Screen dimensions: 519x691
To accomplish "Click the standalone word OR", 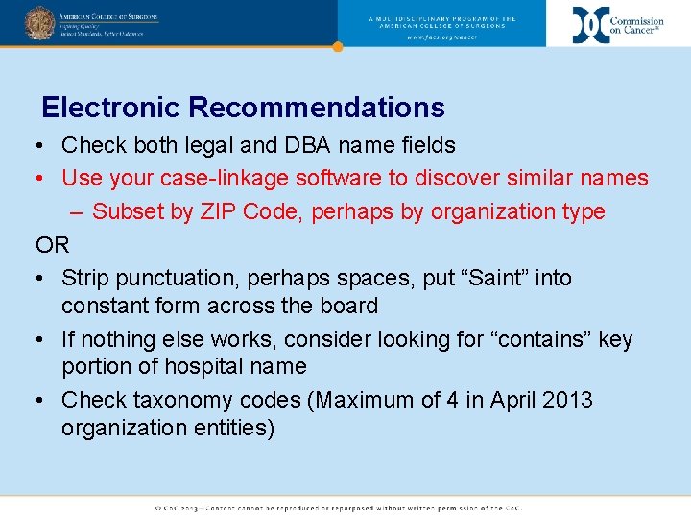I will [x=53, y=245].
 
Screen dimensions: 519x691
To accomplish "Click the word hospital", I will [x=190, y=367].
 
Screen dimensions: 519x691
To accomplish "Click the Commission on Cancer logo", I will [x=618, y=24].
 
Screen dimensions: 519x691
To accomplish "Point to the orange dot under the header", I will [x=337, y=46].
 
